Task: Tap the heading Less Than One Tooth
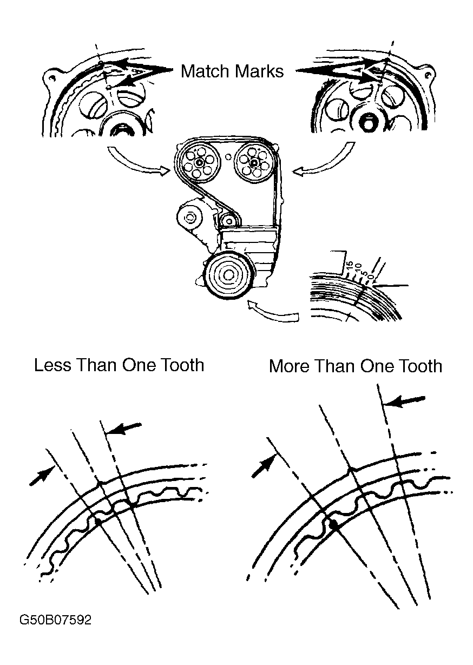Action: (119, 365)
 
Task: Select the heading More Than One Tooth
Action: (355, 366)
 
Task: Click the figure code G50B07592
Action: (55, 620)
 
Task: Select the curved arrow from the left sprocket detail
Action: (138, 162)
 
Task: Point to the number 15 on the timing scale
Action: (349, 266)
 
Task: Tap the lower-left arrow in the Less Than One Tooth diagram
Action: (41, 475)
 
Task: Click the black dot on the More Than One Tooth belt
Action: (333, 524)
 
